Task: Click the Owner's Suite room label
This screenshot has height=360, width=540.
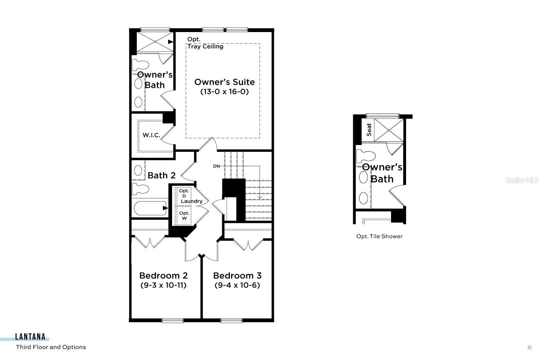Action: (224, 82)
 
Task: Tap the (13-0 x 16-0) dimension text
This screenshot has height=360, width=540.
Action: (224, 92)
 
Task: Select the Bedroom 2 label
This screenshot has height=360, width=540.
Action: (163, 276)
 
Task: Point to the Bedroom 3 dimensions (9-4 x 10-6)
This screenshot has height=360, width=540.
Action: (237, 285)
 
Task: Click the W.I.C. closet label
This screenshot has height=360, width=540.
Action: (151, 135)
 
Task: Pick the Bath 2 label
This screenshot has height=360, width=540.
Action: (162, 175)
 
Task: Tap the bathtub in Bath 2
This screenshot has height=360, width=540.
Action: (149, 208)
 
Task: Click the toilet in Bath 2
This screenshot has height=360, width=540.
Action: (140, 189)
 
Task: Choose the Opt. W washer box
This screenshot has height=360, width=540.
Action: (184, 215)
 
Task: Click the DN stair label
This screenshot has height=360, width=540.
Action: (216, 166)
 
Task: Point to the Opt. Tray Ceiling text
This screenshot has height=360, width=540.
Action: (205, 43)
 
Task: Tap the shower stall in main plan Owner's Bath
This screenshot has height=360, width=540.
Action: (155, 42)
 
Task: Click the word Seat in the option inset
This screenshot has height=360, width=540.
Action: (369, 130)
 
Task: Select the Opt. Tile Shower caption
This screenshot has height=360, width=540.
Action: (379, 236)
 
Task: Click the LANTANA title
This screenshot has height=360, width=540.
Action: (30, 337)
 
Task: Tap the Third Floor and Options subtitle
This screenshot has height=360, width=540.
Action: (51, 347)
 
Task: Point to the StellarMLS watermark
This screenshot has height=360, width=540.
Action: (522, 180)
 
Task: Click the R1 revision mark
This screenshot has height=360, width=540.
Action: (530, 347)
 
